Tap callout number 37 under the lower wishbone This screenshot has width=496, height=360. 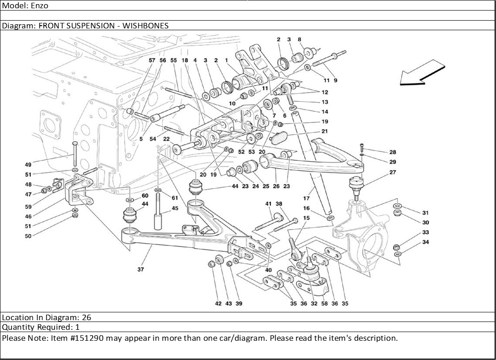(141, 270)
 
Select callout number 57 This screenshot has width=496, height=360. (152, 60)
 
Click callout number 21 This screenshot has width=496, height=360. (324, 131)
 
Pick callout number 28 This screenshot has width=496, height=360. (392, 152)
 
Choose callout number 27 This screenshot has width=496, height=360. (392, 172)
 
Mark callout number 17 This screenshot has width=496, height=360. (306, 198)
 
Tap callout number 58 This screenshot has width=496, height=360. (324, 304)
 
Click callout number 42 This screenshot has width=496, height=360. (218, 304)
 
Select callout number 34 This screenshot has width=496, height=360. (425, 242)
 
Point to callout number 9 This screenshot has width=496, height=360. (335, 80)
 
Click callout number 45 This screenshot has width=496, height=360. (174, 208)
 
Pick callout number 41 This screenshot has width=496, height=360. (268, 204)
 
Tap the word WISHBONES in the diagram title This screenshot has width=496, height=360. (146, 26)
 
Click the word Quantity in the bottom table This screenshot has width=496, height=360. (17, 327)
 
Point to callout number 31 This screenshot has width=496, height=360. (425, 213)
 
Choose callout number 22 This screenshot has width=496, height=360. (166, 139)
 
